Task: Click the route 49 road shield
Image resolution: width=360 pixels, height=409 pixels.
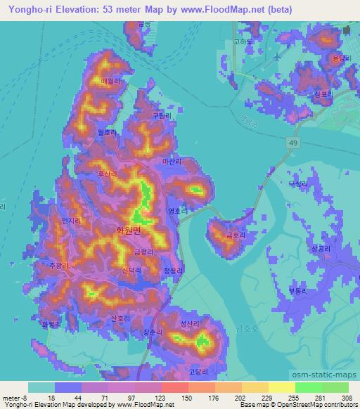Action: click(290, 143)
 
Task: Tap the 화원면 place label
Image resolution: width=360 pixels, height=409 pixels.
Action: click(128, 229)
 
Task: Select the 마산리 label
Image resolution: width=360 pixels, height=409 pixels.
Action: click(172, 161)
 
